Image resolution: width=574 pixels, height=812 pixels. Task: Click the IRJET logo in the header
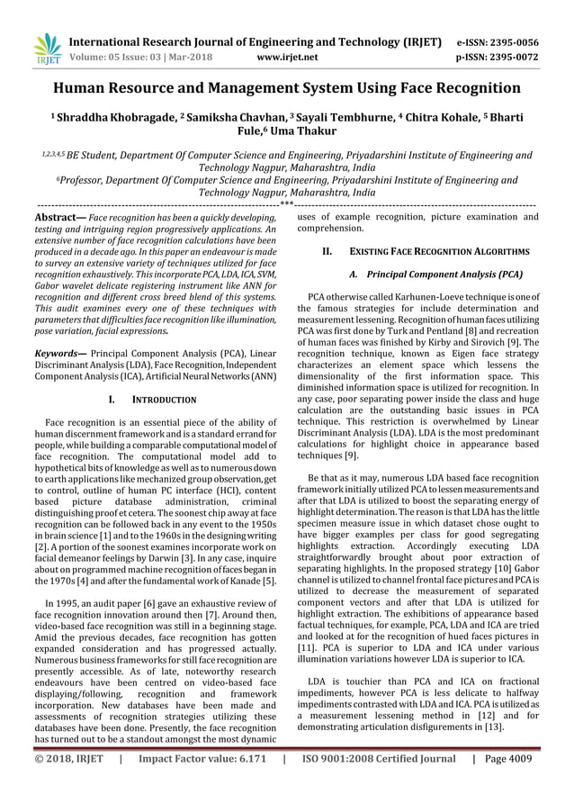(45, 49)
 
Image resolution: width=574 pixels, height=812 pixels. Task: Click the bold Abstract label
(59, 217)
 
